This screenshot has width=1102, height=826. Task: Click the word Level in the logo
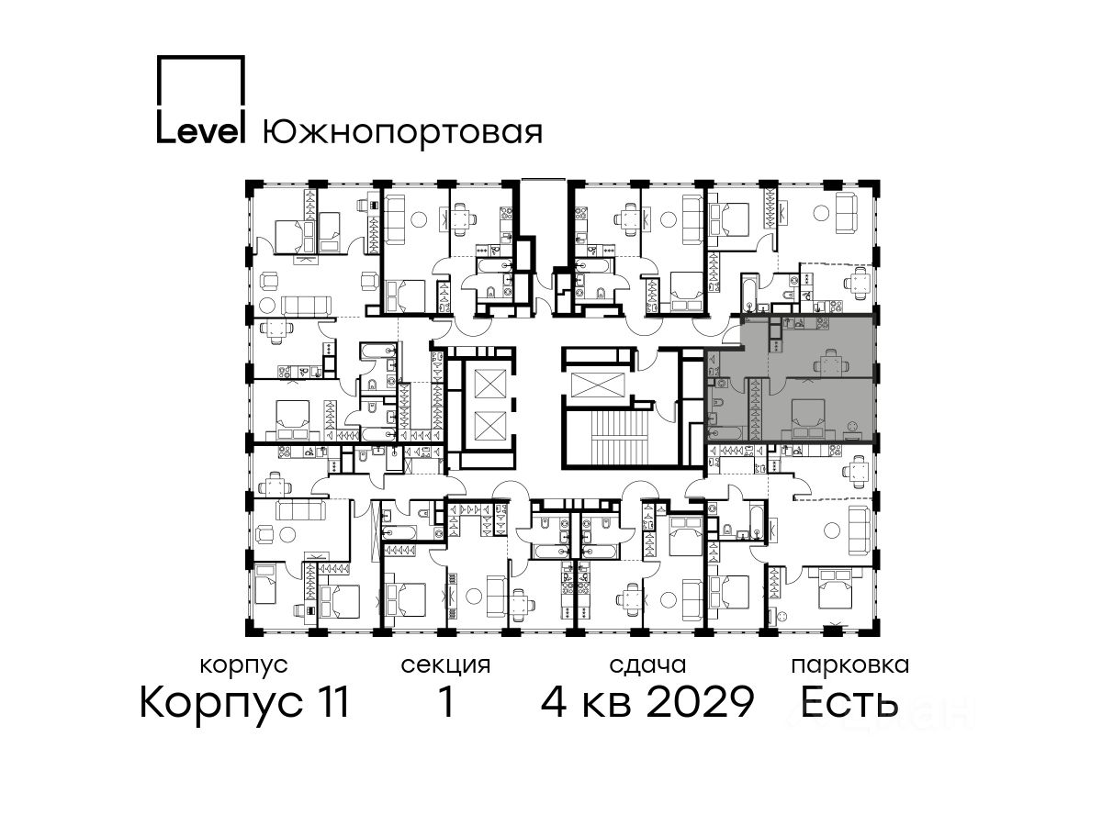(200, 132)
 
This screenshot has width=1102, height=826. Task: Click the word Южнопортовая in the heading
(402, 133)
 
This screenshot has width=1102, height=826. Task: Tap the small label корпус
(243, 666)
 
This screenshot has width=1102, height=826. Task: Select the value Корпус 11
(244, 703)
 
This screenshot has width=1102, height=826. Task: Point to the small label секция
(445, 665)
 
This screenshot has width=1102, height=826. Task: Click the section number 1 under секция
(446, 701)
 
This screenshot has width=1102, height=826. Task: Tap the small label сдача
(647, 665)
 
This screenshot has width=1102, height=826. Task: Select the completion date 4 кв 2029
(647, 702)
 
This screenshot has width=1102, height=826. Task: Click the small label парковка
(850, 665)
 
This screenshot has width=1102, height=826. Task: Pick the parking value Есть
(849, 702)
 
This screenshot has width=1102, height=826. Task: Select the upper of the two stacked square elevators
(489, 384)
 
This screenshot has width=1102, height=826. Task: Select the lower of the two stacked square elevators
(489, 426)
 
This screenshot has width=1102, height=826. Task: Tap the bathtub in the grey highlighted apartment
(726, 433)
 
